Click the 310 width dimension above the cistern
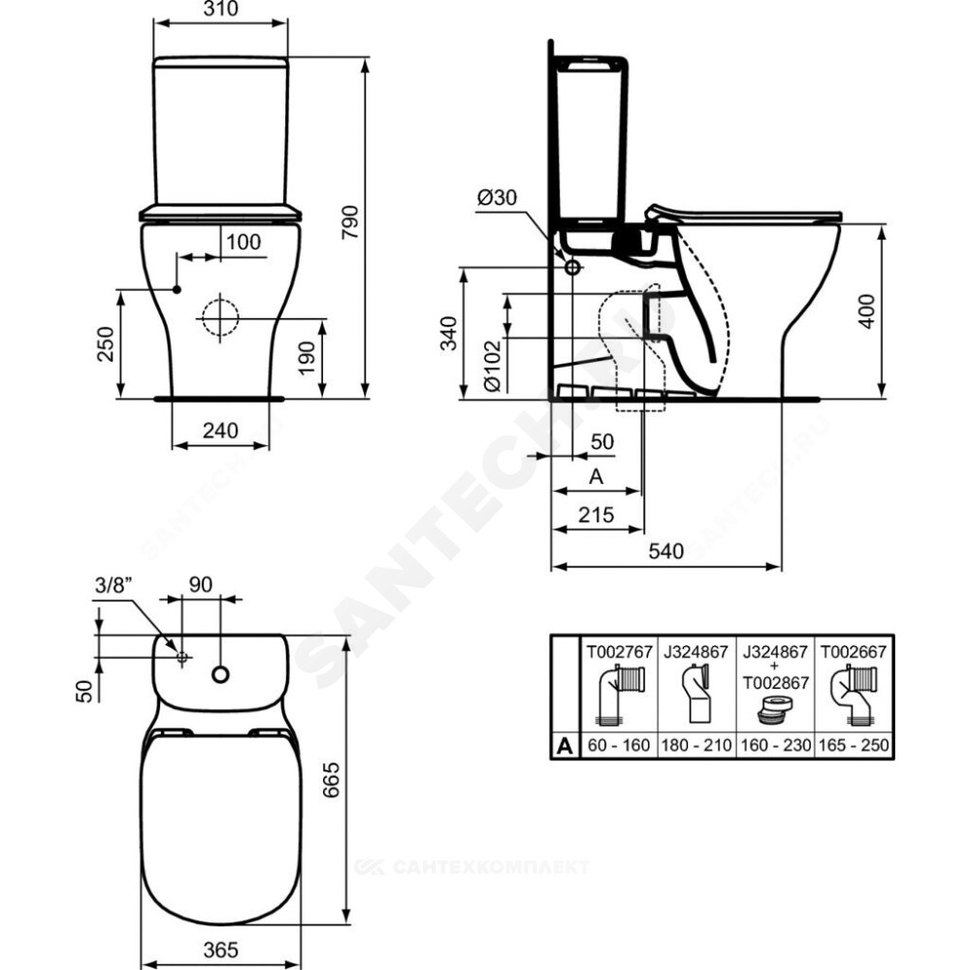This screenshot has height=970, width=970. point(221,9)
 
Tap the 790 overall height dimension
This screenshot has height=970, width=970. point(351,223)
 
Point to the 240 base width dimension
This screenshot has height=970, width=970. point(221,430)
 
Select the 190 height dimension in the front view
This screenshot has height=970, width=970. point(307,358)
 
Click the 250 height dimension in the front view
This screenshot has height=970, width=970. point(105,344)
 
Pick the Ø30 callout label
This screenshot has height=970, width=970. point(498,198)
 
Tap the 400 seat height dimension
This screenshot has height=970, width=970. point(868,311)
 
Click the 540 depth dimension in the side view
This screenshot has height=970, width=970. point(666,551)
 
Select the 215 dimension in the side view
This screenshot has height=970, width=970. point(597,514)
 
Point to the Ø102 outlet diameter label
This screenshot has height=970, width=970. point(493,367)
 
